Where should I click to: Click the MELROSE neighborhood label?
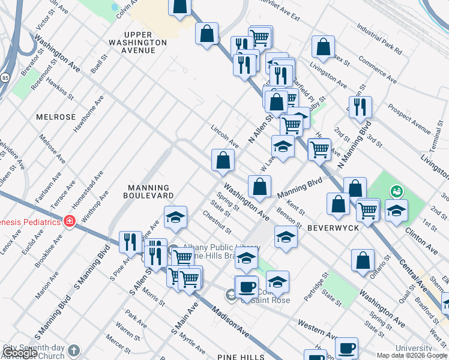click(56, 117)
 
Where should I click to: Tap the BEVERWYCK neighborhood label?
click(333, 229)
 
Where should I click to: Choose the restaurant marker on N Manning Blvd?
click(360, 107)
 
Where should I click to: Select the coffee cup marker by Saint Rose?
click(246, 287)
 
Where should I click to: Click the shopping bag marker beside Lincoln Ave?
click(223, 161)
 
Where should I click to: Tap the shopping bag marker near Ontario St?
click(363, 261)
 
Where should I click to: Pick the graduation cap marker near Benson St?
click(286, 237)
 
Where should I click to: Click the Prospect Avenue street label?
click(409, 120)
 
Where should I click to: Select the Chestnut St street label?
click(217, 222)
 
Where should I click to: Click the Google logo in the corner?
click(20, 353)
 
